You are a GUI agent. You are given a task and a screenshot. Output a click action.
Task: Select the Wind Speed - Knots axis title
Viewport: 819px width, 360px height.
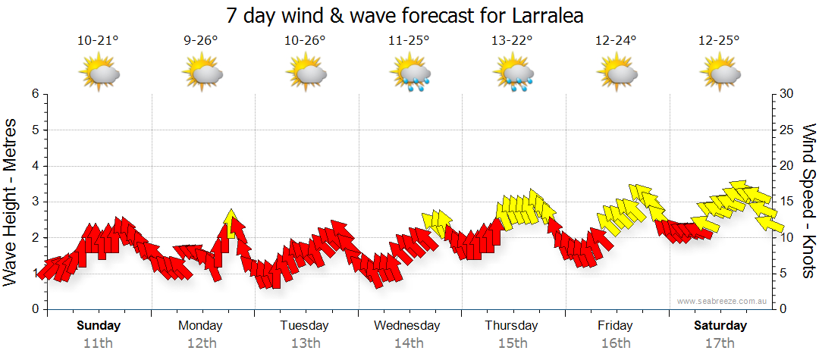(x=808, y=202)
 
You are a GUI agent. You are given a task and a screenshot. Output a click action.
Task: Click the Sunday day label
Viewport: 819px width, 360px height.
(x=99, y=326)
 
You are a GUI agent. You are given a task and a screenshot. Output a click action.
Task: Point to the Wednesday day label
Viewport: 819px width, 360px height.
(x=406, y=326)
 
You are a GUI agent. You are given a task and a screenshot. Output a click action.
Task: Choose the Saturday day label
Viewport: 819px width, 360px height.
(x=720, y=326)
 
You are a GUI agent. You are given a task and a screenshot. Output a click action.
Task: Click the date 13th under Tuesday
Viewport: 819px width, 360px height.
(x=305, y=343)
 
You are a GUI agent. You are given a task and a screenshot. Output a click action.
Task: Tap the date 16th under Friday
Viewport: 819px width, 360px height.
(x=615, y=343)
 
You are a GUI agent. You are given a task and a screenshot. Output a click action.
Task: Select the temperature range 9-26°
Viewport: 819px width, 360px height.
(x=201, y=41)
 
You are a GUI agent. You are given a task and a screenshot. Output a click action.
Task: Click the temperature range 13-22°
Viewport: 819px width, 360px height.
(x=513, y=41)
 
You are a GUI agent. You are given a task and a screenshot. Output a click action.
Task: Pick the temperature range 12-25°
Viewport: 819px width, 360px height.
(x=719, y=41)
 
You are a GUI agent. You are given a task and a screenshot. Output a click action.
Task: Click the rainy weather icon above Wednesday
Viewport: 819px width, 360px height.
(x=410, y=74)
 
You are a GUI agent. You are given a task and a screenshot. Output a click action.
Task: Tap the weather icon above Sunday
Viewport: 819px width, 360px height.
(x=99, y=74)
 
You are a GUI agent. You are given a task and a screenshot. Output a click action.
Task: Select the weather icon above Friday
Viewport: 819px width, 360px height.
(x=617, y=74)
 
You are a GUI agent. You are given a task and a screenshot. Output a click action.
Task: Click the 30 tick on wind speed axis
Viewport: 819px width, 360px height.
(x=787, y=94)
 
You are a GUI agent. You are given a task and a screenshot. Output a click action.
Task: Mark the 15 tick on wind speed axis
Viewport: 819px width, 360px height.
(x=787, y=202)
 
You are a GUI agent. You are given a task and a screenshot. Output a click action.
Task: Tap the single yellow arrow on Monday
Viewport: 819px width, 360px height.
(x=232, y=221)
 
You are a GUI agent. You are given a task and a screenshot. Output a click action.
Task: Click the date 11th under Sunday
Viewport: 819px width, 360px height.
(x=99, y=343)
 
